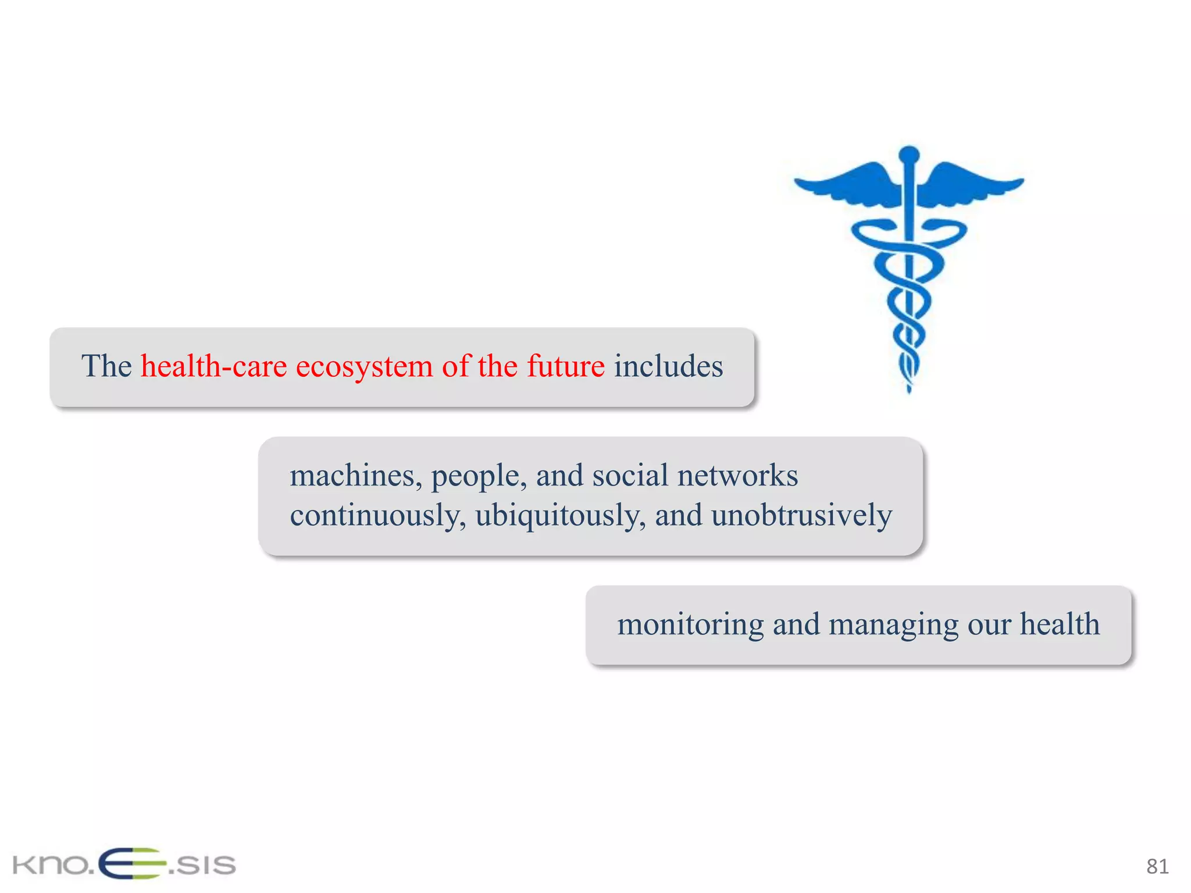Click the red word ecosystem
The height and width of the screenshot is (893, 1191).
pos(364,367)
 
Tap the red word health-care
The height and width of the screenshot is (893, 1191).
pos(213,366)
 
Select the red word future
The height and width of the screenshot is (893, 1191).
pos(565,366)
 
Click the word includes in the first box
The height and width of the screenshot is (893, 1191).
pos(668,366)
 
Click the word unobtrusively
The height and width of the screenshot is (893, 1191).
pos(801,516)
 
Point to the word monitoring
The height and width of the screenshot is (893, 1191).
pos(690,625)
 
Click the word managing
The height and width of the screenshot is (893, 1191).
pos(893,625)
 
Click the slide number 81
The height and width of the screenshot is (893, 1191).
pos(1157,867)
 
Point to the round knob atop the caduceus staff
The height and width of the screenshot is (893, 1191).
pos(909,155)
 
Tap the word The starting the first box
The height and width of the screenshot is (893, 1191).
pos(106,366)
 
